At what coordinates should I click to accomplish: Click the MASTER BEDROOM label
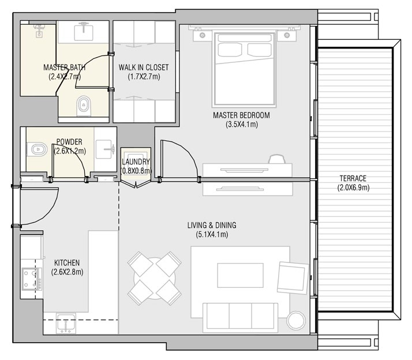[x=241, y=115]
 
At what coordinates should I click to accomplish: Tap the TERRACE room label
[x=353, y=178]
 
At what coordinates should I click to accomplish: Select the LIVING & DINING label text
[x=211, y=225]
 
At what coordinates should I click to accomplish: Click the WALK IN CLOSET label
[x=144, y=67]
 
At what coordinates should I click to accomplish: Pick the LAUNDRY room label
[x=136, y=162]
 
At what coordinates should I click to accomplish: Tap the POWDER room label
[x=69, y=142]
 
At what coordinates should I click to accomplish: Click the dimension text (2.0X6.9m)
[x=353, y=187]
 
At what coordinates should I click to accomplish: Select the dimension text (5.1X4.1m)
[x=211, y=234]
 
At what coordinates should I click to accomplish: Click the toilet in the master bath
[x=84, y=104]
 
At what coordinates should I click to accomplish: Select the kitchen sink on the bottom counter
[x=65, y=324]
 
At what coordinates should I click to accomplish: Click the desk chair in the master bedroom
[x=277, y=157]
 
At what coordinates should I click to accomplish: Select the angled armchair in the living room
[x=293, y=277]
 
